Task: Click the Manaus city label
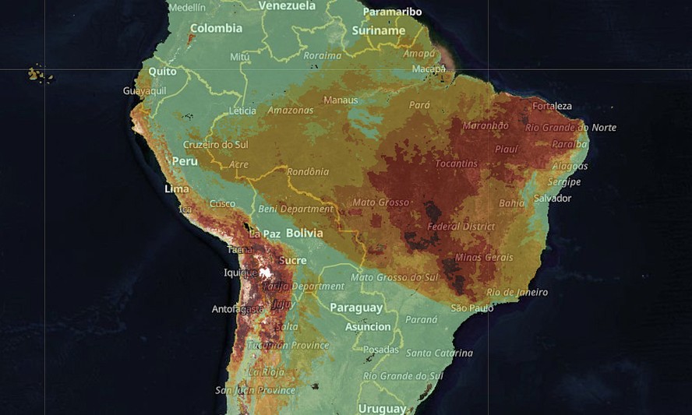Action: coord(341,100)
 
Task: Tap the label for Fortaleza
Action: coord(552,106)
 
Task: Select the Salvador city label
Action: coord(553,199)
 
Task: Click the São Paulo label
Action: coord(472,308)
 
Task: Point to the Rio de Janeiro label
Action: coord(517,293)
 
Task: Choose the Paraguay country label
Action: coord(356,308)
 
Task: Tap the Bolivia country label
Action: coord(304,233)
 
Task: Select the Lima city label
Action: coord(177,189)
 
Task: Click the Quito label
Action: coord(162,71)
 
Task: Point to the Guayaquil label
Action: coord(144,91)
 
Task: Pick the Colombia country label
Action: coord(216,28)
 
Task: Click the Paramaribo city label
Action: coord(392,12)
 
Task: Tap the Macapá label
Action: coord(429,69)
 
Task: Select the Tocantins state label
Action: coord(456,164)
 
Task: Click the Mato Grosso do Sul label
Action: coord(394,277)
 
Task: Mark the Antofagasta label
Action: coord(238,309)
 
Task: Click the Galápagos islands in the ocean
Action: coord(37,75)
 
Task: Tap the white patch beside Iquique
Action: coord(266,273)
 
